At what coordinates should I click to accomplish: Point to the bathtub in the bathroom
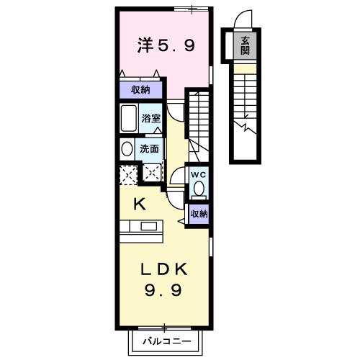(x=130, y=117)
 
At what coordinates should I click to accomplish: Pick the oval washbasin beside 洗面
(x=127, y=149)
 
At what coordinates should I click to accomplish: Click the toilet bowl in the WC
(x=199, y=189)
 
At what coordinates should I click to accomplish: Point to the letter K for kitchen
(x=140, y=204)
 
